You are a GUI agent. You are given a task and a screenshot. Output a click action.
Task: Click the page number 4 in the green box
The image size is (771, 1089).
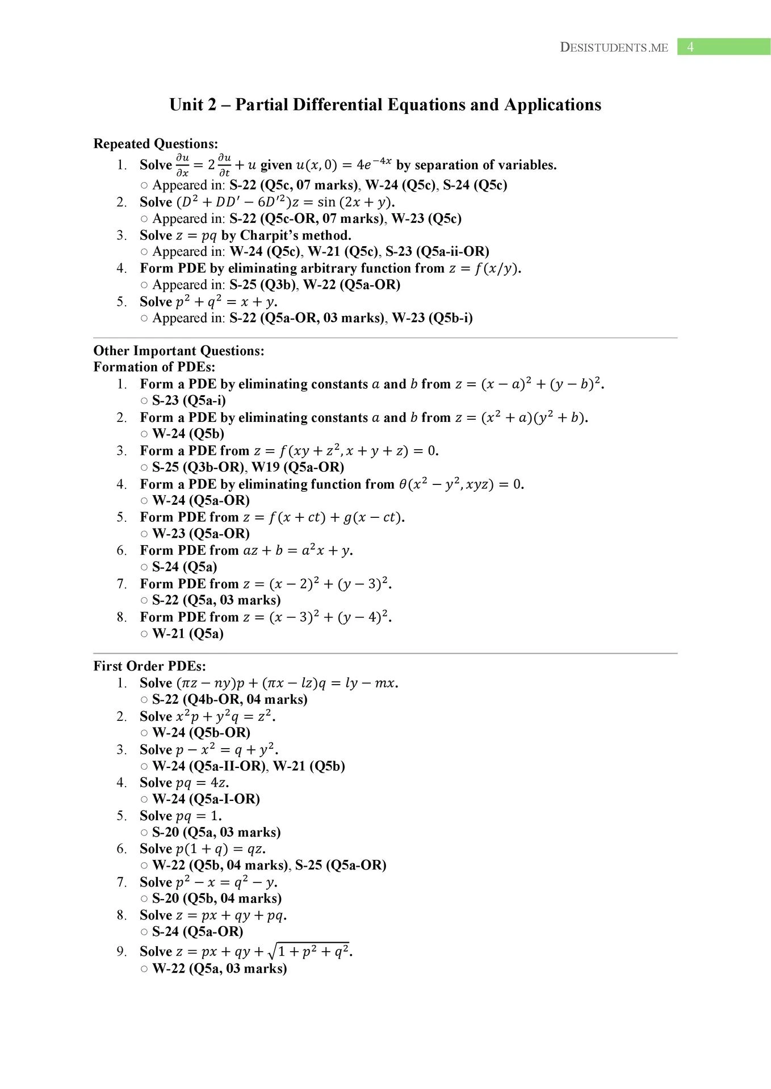690,47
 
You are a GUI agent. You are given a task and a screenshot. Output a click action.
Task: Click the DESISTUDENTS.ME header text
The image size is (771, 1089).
614,48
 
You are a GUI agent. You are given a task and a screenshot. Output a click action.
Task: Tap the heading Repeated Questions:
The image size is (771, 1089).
156,143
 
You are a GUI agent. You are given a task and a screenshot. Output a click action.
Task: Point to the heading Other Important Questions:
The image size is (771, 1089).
179,351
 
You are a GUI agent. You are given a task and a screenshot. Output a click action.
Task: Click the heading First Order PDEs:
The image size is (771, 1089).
150,666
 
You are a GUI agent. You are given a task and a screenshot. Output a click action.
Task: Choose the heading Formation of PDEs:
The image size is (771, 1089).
154,367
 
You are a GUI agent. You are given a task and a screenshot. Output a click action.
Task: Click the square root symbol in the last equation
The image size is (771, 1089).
273,951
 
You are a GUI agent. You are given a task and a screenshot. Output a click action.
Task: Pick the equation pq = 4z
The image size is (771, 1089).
202,783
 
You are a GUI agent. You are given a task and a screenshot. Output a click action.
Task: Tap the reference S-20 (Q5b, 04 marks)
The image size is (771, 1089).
217,898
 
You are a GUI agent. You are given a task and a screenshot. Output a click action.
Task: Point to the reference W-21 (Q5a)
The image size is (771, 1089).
188,634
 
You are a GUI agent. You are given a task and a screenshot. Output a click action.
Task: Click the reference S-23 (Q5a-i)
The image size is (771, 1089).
189,400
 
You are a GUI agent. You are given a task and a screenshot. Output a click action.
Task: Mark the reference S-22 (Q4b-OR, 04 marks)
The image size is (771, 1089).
230,699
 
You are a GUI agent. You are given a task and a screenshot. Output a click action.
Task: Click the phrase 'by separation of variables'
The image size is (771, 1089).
476,165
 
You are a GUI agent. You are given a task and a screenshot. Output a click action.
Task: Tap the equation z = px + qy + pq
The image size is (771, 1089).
231,915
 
